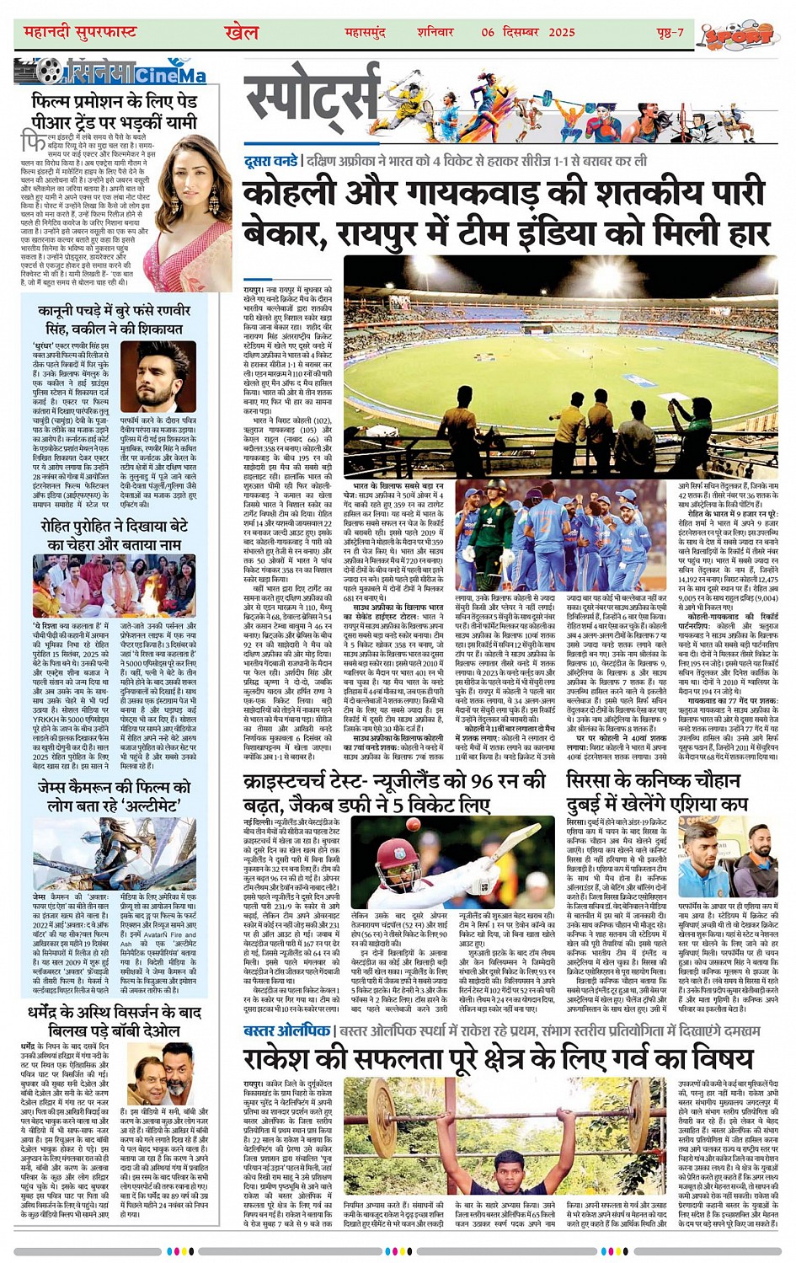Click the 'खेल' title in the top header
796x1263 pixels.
[242, 32]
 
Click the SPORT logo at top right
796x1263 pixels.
[740, 35]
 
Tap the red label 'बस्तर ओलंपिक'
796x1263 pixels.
[287, 1030]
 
